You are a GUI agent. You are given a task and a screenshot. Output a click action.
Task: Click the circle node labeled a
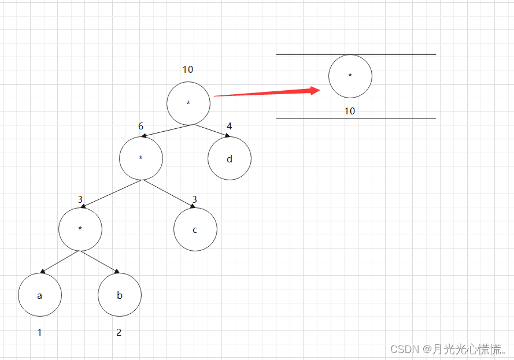(40, 295)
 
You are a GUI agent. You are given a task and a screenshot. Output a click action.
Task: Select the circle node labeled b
(120, 295)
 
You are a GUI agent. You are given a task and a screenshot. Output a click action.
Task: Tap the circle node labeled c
(195, 229)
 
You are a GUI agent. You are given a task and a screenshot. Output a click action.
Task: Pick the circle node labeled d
(230, 158)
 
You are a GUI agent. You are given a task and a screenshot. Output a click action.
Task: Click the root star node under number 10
(188, 103)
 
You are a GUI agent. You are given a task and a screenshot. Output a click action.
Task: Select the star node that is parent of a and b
(80, 229)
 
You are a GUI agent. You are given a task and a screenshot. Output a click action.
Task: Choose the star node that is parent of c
(141, 158)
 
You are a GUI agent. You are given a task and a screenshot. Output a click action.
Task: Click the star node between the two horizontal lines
(350, 76)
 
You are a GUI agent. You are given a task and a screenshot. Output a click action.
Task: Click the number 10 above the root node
(188, 70)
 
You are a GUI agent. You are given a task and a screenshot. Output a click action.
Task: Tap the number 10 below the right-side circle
(350, 111)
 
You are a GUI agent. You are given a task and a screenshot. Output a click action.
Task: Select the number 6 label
(140, 126)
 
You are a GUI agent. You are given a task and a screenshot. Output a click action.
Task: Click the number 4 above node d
(229, 126)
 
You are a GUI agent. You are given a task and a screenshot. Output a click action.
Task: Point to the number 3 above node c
(194, 200)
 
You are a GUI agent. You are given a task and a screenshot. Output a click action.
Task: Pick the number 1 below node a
(39, 333)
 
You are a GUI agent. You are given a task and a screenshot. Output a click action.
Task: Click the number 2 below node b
(119, 333)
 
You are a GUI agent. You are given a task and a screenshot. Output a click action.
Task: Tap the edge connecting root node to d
(211, 130)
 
